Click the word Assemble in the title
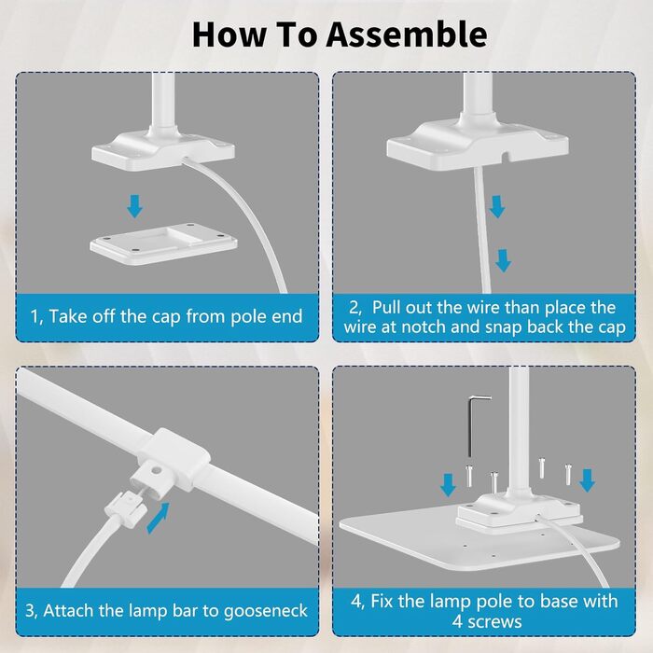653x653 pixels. (x=407, y=35)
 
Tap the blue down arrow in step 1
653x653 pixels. (x=134, y=206)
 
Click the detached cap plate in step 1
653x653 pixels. (x=163, y=243)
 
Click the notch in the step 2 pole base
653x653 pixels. (x=506, y=156)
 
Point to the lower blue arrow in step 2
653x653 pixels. (x=504, y=260)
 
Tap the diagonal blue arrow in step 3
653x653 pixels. (x=159, y=518)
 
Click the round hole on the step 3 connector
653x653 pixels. (x=157, y=471)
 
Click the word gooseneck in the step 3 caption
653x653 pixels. (x=266, y=611)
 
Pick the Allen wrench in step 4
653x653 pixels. (x=474, y=425)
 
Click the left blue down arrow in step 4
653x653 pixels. (x=448, y=485)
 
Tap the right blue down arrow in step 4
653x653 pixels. (x=587, y=480)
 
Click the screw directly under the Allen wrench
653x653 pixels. (x=469, y=476)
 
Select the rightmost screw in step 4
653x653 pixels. (x=568, y=474)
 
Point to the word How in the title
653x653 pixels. (x=229, y=35)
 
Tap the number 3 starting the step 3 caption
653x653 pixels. (x=30, y=610)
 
